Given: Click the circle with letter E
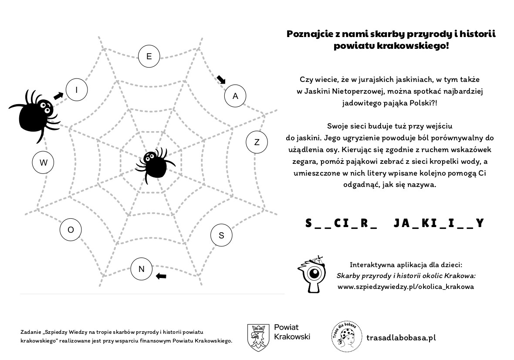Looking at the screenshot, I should pos(149,56).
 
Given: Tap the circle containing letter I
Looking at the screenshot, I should pos(77,90).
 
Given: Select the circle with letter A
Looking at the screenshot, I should pos(235,96).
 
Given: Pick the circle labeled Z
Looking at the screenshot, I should pos(257,142).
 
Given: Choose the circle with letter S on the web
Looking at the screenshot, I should pos(221,235).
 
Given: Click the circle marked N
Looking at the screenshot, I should pos(141,269).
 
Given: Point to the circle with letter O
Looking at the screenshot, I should pos(71,230).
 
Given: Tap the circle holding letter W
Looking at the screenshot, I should pos(43,163).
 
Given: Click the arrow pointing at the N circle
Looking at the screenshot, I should pos(161,275).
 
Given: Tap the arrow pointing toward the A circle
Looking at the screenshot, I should pos(221,79).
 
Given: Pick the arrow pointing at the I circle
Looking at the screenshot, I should pos(58,95).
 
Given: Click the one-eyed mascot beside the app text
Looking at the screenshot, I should pos(313,275).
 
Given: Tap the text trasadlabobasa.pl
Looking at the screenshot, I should pos(401,338).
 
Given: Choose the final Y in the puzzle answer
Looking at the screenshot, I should pos(480,223).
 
